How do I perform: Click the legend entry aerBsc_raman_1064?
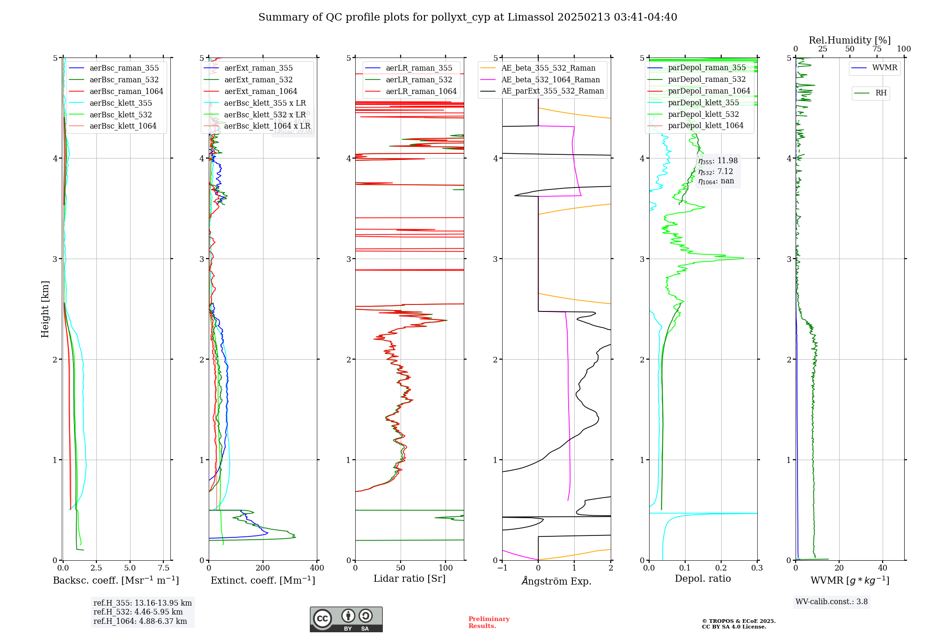(126, 91)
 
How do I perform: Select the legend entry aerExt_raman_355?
(258, 68)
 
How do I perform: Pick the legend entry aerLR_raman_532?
(419, 80)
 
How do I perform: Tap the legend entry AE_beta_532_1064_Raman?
(550, 80)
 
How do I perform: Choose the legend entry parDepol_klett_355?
(703, 103)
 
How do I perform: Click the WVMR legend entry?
(885, 68)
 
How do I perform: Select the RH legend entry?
(881, 93)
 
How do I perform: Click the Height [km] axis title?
(45, 309)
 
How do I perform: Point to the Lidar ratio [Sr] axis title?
(409, 579)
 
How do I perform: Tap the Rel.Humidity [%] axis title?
(849, 40)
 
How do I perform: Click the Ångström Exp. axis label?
(556, 581)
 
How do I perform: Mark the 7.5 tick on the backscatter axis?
(164, 568)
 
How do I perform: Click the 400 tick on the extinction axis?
(317, 568)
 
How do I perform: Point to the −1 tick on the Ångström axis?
(502, 568)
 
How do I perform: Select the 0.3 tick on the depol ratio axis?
(757, 568)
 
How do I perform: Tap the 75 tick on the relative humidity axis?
(877, 49)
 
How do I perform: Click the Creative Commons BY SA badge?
(346, 620)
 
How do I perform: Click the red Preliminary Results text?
(489, 622)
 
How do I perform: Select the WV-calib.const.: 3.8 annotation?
(832, 602)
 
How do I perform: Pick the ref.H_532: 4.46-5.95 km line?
(138, 612)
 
